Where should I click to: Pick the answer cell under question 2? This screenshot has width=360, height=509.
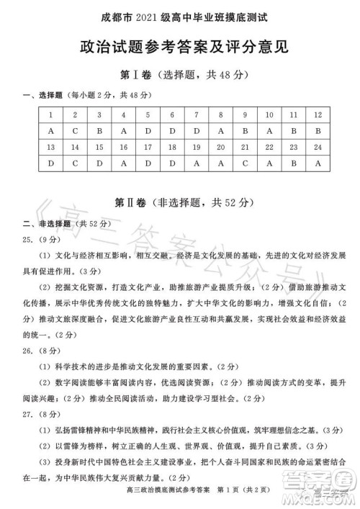point(76,131)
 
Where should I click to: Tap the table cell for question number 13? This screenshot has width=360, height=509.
point(51,147)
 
